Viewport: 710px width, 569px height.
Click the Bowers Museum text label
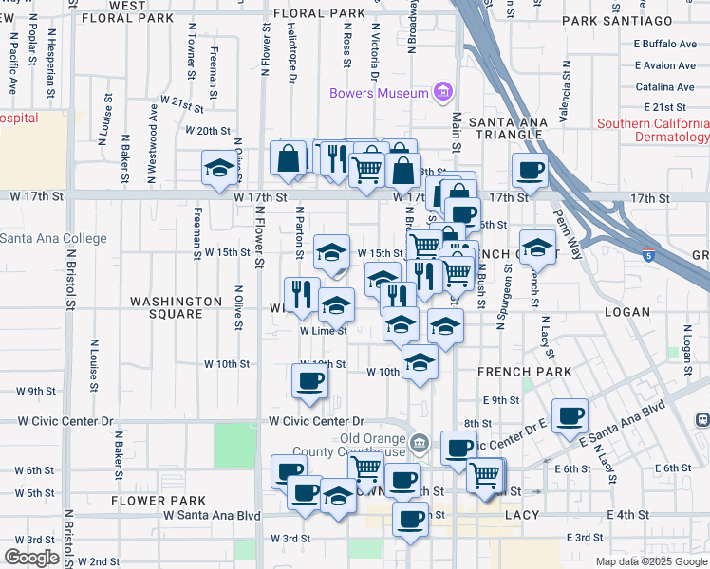tap(378, 93)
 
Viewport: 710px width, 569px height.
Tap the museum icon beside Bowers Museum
tap(441, 92)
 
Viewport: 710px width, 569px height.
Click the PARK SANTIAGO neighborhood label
tap(617, 20)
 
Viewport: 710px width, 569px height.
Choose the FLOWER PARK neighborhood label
tap(158, 500)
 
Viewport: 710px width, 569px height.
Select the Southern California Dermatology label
tap(653, 131)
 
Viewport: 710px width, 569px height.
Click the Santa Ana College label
tap(53, 239)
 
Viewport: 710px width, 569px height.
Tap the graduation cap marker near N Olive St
tap(219, 169)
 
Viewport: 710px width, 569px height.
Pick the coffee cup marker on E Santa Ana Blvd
tap(570, 415)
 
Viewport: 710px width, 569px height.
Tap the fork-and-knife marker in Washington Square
tap(298, 295)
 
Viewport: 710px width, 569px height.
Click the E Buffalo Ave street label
tap(664, 44)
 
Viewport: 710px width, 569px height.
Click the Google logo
tap(31, 558)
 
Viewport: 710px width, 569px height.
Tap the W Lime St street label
tap(323, 331)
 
